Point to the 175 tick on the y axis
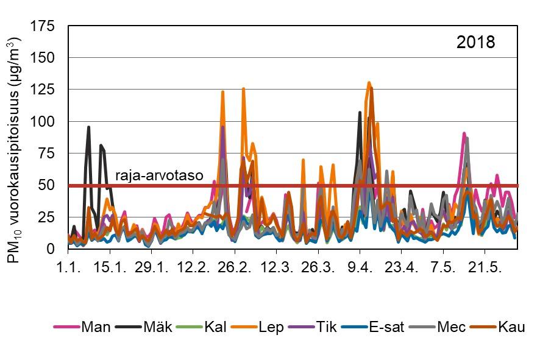click(44, 26)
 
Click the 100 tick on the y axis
click(44, 122)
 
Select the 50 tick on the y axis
click(48, 185)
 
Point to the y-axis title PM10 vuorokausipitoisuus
click(15, 150)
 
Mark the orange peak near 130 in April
click(369, 83)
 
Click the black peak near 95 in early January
click(88, 127)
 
